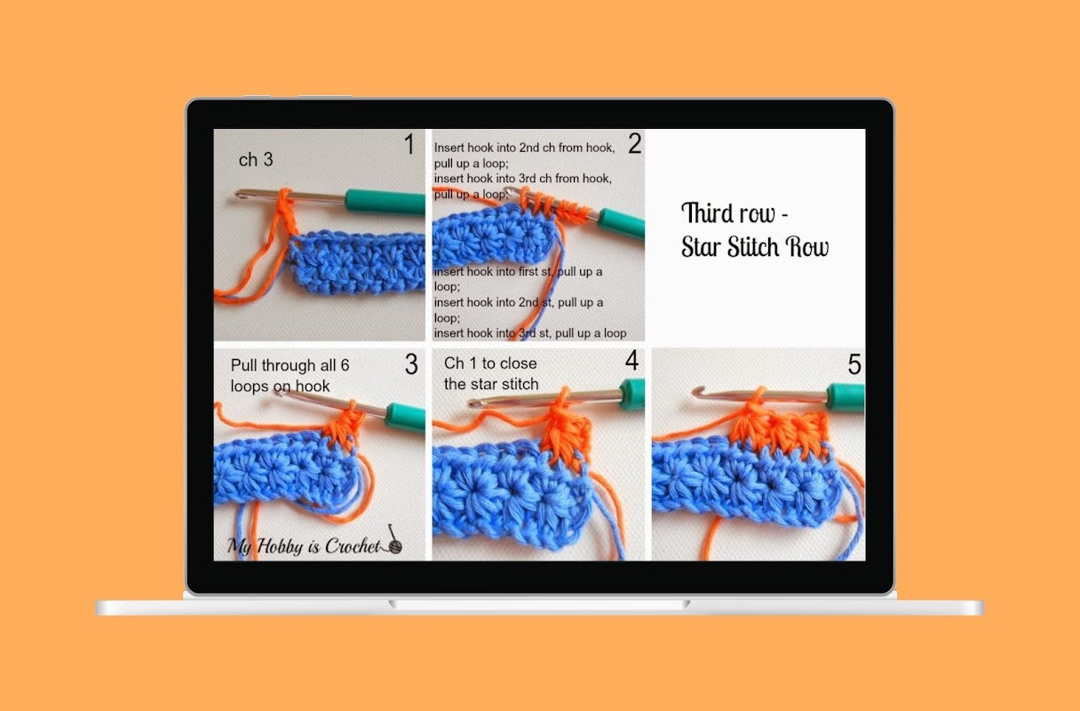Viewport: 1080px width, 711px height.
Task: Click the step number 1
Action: coord(409,144)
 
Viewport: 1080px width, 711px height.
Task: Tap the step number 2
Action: coord(634,143)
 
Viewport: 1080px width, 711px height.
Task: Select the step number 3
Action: coord(411,364)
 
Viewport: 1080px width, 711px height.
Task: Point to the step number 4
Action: coord(632,360)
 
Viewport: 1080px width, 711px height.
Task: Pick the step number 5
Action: coord(854,364)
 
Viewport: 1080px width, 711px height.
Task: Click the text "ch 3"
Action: coord(256,160)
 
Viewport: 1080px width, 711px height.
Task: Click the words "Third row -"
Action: coord(735,212)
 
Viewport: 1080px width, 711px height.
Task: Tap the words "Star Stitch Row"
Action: coord(755,246)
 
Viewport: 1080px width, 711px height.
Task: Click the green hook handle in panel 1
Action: coord(385,202)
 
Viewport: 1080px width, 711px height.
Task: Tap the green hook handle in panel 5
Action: coord(846,396)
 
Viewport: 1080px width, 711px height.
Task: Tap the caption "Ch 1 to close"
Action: coord(490,363)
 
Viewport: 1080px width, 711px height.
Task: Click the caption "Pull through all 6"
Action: coord(290,365)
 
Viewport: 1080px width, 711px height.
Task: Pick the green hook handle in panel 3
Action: coord(405,416)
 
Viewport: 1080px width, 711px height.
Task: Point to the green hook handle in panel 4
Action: coord(632,394)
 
